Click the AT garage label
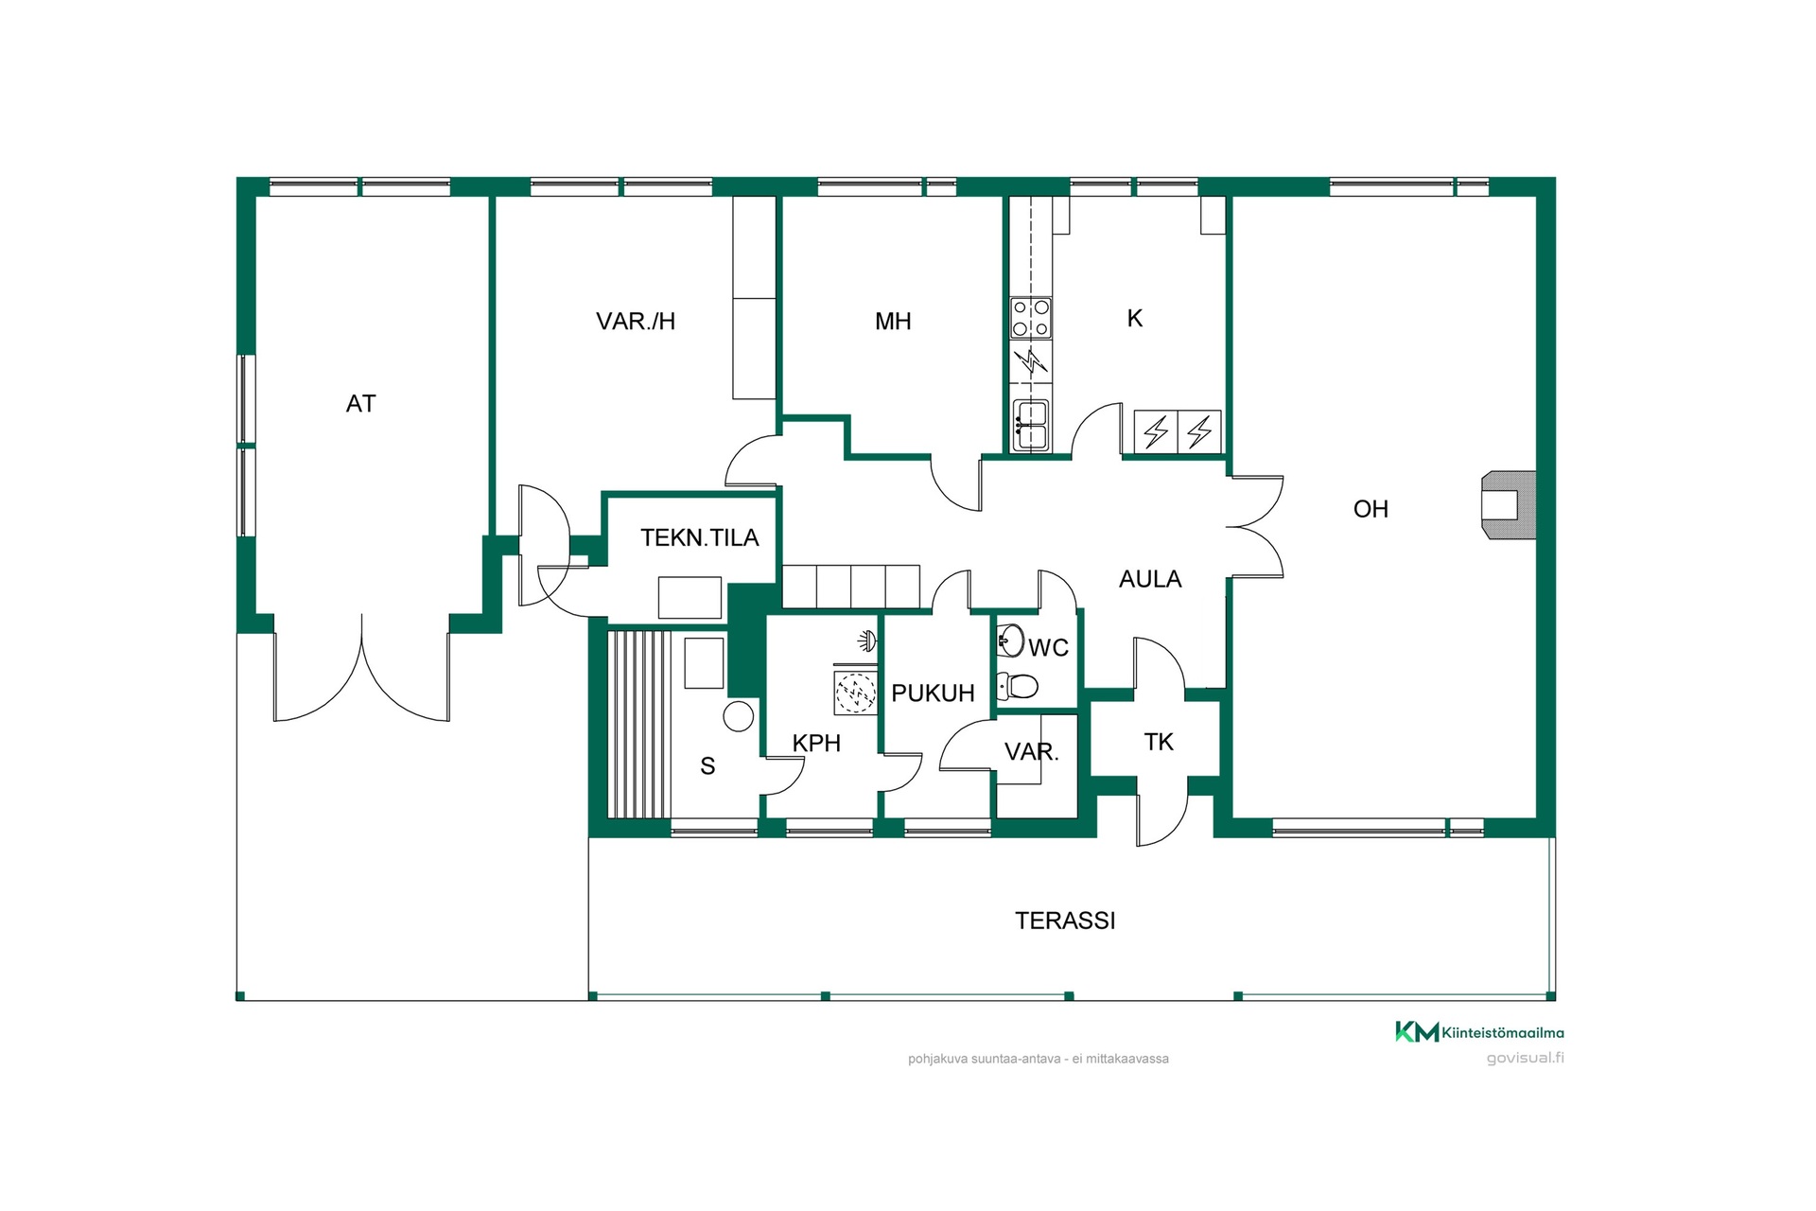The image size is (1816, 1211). [360, 404]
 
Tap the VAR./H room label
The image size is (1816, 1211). [636, 322]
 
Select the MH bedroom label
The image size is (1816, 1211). [893, 322]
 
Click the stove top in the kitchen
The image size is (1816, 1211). [1031, 318]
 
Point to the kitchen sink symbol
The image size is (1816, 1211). [1031, 426]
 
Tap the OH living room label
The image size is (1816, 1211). [1371, 509]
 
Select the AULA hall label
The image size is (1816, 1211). [1150, 579]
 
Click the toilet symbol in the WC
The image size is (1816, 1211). [1018, 685]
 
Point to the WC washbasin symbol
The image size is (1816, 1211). [1011, 641]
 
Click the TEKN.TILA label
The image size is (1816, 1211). [700, 537]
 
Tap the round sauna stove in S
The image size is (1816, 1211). [739, 716]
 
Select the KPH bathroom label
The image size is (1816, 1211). [816, 744]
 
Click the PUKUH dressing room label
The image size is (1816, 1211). [933, 693]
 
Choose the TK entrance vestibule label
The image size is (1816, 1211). [1159, 742]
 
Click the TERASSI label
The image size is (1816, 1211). [1065, 921]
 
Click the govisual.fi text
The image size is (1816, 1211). [1525, 1059]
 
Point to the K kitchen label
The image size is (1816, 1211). [1135, 319]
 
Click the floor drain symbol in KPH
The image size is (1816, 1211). [855, 693]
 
